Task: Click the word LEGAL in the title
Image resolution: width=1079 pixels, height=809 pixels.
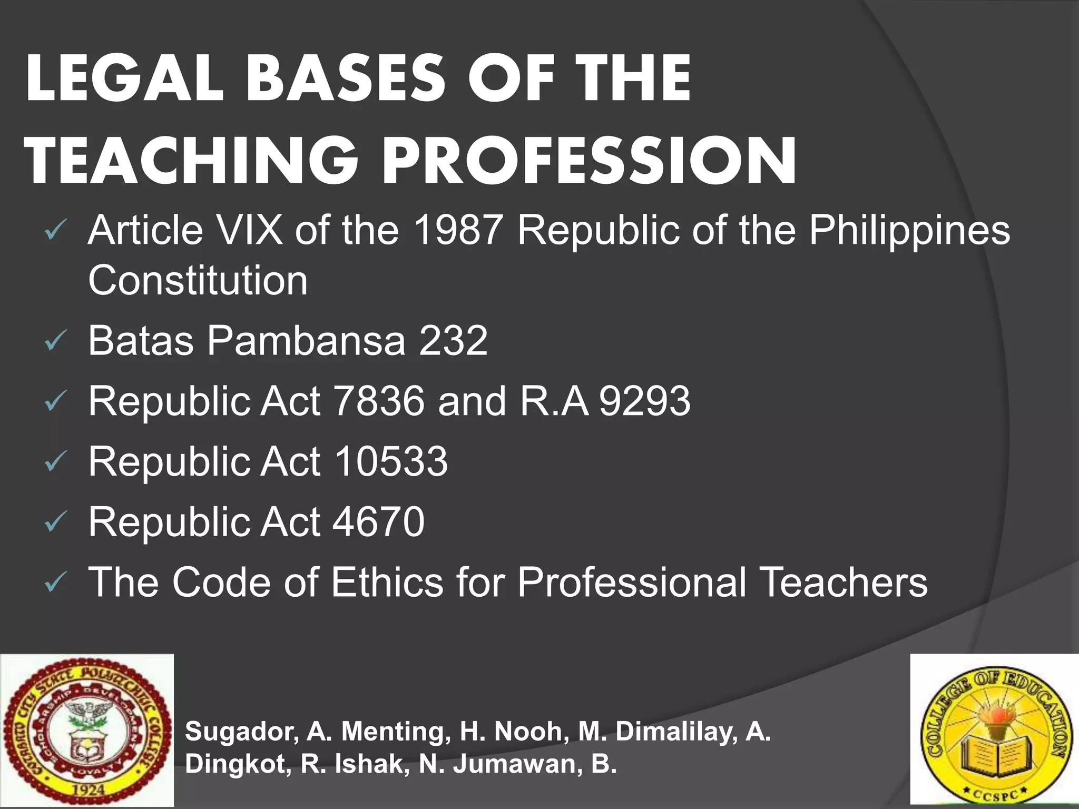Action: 124,79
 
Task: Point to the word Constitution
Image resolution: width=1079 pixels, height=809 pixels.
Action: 198,280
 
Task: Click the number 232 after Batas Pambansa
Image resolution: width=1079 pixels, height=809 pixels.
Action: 453,341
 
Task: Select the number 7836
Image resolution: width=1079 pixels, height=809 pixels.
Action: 379,401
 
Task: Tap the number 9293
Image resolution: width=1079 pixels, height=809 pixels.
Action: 645,401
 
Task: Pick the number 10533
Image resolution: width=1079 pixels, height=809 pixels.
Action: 390,462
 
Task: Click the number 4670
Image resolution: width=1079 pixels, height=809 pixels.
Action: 379,522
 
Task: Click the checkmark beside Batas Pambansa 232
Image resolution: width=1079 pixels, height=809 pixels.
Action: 54,343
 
